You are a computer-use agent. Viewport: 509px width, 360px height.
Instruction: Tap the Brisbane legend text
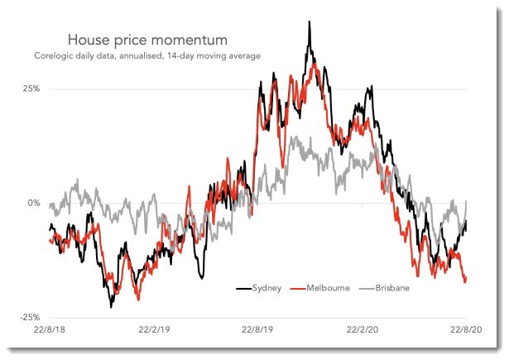(x=392, y=288)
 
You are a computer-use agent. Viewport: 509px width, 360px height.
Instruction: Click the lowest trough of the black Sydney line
(x=111, y=306)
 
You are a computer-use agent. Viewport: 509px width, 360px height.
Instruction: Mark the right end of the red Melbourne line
(x=465, y=281)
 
